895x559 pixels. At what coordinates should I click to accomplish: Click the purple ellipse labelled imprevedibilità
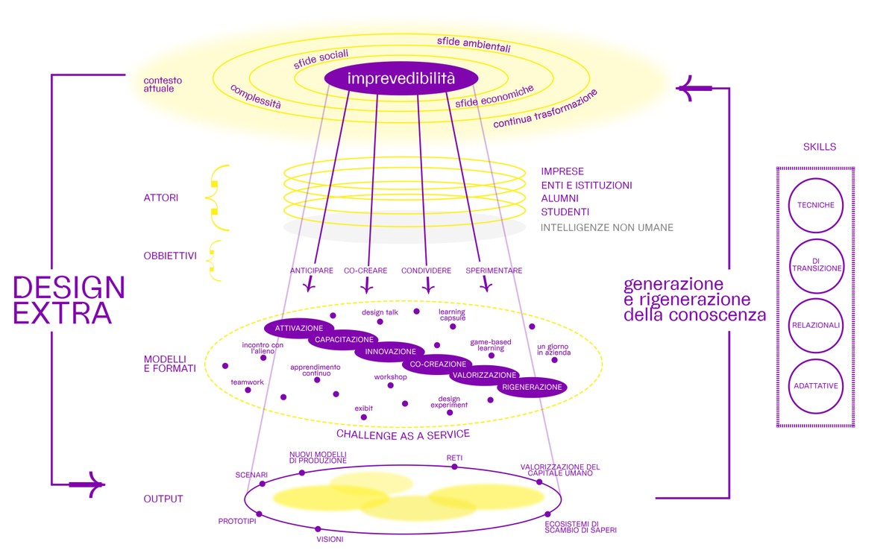click(390, 78)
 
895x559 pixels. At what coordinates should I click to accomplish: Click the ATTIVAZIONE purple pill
click(298, 328)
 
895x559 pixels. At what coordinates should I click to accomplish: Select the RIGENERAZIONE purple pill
click(532, 388)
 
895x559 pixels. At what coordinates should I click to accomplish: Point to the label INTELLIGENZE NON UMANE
click(607, 227)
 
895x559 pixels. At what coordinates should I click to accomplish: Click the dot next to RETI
click(454, 467)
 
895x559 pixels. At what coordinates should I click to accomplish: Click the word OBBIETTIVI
click(170, 256)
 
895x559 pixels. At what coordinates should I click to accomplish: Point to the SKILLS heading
click(820, 147)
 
